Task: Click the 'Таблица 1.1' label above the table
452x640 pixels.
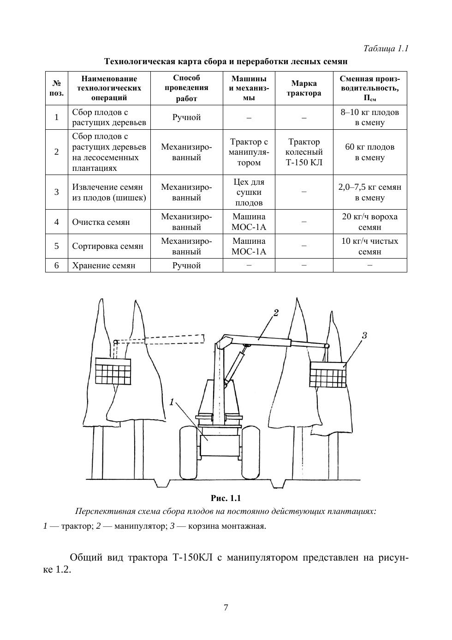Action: (386, 48)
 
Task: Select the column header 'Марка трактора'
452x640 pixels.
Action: (304, 88)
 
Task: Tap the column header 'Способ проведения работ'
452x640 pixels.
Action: (186, 88)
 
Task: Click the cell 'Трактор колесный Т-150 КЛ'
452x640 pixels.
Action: (304, 152)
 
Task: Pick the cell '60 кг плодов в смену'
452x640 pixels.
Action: (370, 152)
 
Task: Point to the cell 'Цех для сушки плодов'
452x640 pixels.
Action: (249, 192)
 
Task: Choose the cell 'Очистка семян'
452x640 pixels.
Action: (101, 222)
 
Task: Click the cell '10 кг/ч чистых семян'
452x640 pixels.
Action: (370, 246)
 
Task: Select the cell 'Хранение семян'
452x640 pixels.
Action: (104, 266)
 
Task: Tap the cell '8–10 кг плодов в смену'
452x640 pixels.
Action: (370, 117)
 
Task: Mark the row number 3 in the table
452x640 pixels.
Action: (57, 192)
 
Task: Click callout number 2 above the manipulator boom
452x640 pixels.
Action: (276, 313)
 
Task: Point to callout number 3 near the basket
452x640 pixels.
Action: (364, 335)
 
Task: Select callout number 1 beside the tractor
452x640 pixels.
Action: (172, 402)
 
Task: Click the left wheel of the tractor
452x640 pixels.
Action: (189, 453)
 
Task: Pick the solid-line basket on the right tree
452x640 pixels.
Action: (328, 374)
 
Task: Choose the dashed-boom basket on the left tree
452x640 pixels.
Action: (113, 370)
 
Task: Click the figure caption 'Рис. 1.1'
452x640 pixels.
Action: (226, 498)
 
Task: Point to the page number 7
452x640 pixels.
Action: (226, 608)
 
